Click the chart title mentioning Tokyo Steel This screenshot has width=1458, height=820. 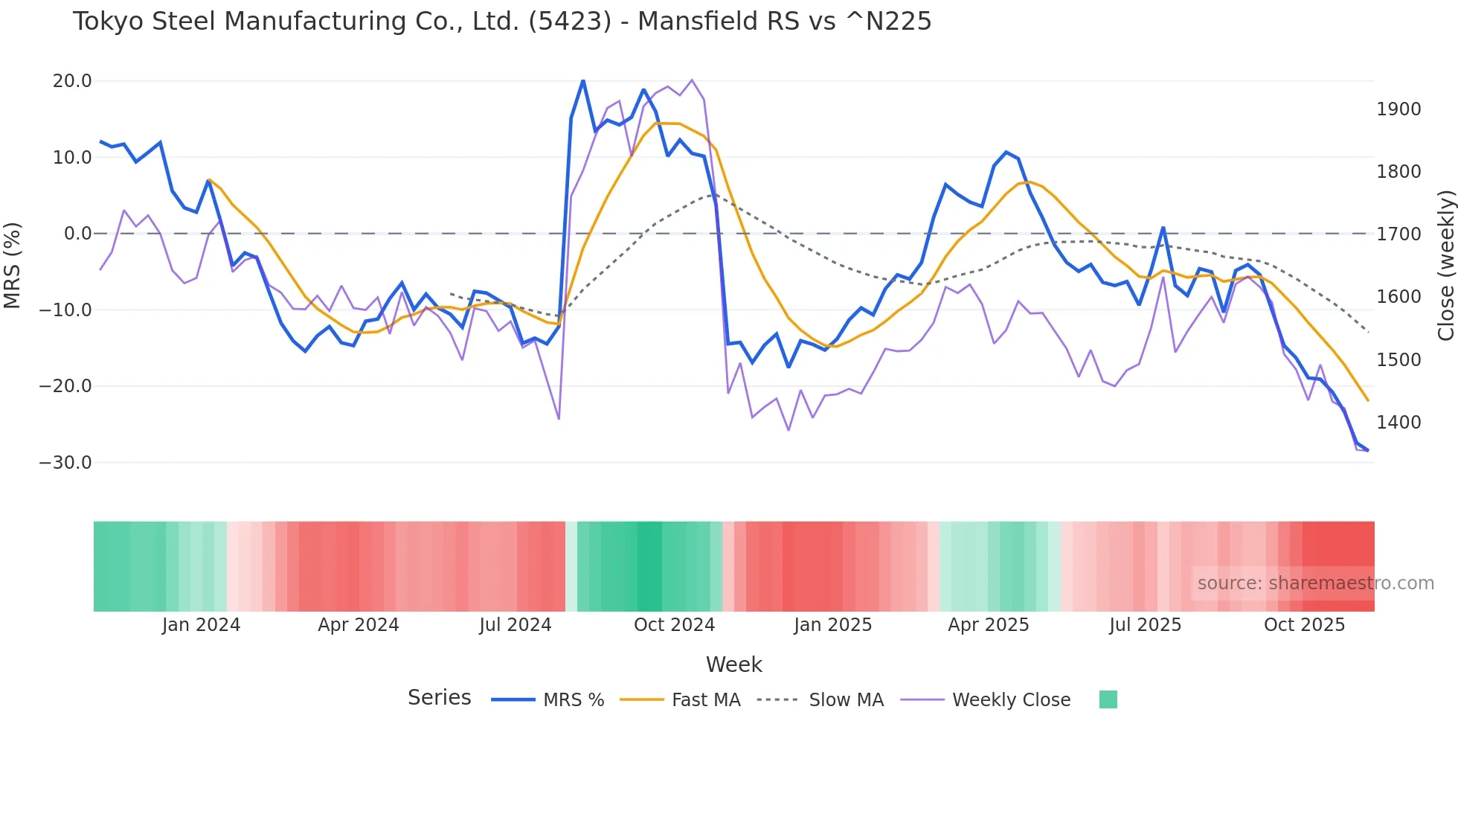(x=501, y=22)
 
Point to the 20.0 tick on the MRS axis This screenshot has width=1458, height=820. (x=72, y=81)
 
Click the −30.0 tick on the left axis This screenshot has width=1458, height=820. (x=65, y=462)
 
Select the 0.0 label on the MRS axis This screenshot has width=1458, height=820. (x=77, y=234)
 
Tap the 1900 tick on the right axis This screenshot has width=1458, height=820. (x=1398, y=109)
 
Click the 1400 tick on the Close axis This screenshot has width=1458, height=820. (x=1398, y=423)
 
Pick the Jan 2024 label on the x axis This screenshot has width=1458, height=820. (x=201, y=625)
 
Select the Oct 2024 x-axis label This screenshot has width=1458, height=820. (x=674, y=625)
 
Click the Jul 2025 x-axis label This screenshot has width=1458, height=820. (x=1145, y=625)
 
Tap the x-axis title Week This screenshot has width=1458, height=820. (x=733, y=664)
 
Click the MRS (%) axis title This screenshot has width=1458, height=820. (x=13, y=265)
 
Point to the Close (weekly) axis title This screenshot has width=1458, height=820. (x=1445, y=265)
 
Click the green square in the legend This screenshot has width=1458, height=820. (x=1108, y=699)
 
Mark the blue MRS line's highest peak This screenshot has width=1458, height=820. (x=583, y=80)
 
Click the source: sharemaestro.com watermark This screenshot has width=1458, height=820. (x=1315, y=583)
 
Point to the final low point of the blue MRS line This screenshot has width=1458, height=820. (x=1367, y=450)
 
